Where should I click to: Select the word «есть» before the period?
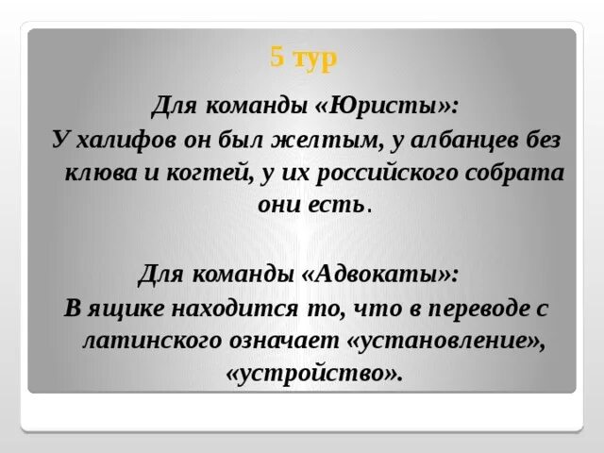[x=335, y=205]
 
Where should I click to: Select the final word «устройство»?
[x=314, y=374]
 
